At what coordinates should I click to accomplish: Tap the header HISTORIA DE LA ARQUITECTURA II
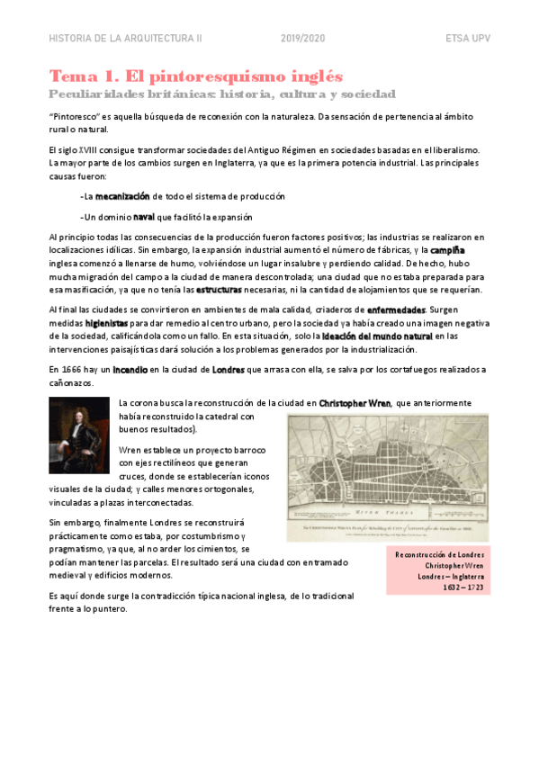(125, 40)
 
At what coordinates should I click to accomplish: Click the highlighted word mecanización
(122, 195)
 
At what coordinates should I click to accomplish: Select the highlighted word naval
(144, 217)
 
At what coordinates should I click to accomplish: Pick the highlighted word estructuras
(224, 290)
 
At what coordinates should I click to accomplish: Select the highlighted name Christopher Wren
(355, 403)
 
